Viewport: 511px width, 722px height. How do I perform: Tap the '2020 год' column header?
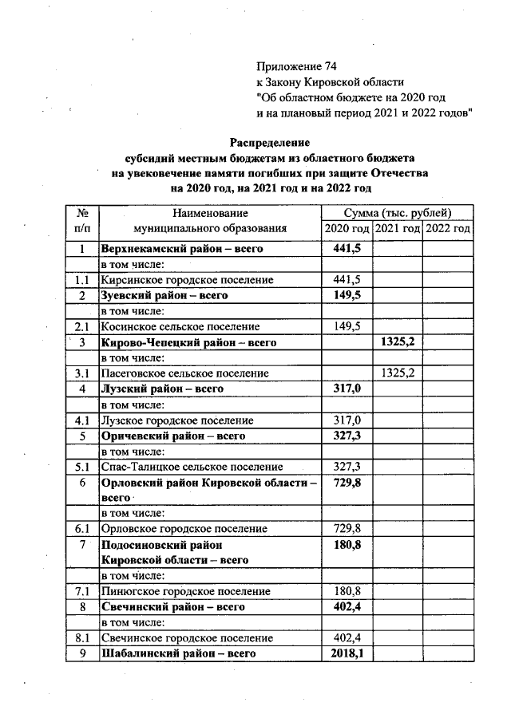point(347,229)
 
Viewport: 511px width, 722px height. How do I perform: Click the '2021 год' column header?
point(398,229)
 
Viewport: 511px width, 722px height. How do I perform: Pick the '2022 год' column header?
point(447,229)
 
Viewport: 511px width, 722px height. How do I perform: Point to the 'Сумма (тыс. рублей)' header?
point(398,213)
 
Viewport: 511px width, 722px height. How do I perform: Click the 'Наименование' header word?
point(209,213)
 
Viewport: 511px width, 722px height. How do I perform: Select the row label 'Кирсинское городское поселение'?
point(187,280)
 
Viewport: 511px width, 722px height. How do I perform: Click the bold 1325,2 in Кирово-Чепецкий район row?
point(397,342)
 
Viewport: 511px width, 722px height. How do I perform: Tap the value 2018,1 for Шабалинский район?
point(347,653)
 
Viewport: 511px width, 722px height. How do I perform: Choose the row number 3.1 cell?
point(81,373)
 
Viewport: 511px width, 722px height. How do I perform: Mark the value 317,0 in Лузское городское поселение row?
point(347,420)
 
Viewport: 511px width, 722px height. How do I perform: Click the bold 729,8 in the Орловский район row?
point(347,483)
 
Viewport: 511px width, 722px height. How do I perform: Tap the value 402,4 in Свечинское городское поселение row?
point(347,638)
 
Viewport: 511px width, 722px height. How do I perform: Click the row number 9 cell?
point(81,653)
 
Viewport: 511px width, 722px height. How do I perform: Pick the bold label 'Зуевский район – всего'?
point(164,295)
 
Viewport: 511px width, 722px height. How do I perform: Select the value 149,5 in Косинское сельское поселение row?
point(347,326)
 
